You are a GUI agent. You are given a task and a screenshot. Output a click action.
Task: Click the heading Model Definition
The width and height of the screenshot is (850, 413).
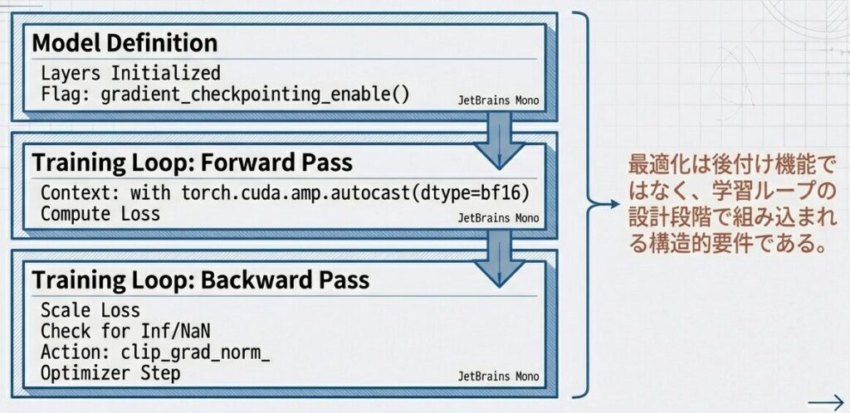point(125,41)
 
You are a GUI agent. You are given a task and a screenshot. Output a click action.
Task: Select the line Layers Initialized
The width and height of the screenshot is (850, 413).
point(130,72)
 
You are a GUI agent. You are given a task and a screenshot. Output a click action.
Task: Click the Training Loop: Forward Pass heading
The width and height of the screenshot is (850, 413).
point(193,161)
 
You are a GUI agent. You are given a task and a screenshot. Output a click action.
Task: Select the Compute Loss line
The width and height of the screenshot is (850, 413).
point(100,214)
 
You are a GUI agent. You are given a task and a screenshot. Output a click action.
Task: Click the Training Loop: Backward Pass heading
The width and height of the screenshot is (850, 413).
point(201,279)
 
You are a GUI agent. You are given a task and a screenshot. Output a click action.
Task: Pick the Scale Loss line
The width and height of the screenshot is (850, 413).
point(90,312)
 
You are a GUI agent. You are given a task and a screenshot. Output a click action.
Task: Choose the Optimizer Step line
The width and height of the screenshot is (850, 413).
point(110,374)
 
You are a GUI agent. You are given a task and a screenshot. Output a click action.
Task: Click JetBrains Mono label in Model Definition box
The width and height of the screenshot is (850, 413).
point(498,100)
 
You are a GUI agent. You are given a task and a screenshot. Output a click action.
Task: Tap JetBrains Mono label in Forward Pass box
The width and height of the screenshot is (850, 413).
point(498,218)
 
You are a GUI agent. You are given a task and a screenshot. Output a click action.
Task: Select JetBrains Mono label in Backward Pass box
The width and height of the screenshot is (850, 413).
point(498,377)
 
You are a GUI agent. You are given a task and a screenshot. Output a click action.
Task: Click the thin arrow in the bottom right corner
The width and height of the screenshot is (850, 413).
point(825,397)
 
